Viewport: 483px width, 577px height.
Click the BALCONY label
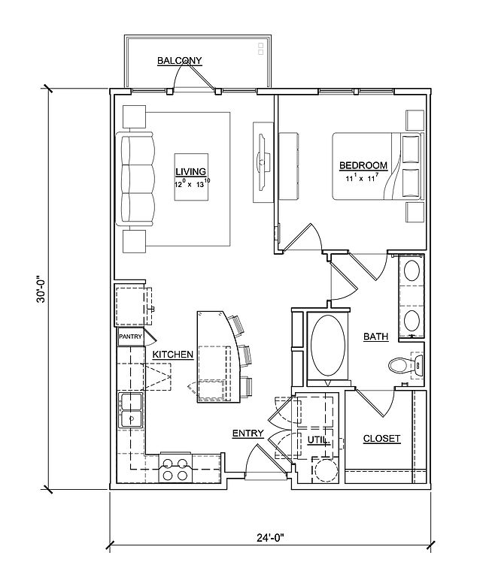click(x=179, y=60)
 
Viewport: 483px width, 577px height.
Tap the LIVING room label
click(x=190, y=171)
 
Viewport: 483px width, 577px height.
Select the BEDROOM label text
click(x=363, y=165)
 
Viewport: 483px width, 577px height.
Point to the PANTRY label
click(x=130, y=337)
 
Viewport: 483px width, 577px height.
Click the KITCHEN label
click(x=173, y=355)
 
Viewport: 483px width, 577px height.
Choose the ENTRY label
click(x=248, y=434)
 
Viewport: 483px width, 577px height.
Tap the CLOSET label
click(x=381, y=438)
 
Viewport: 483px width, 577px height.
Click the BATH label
click(x=375, y=337)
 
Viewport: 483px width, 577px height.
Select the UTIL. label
click(x=318, y=440)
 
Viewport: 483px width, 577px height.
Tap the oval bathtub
click(x=328, y=346)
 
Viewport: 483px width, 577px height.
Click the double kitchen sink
click(x=130, y=410)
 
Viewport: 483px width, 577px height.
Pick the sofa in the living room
click(x=135, y=179)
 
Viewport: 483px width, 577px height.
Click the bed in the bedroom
click(x=378, y=166)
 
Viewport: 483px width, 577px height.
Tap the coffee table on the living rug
click(x=191, y=177)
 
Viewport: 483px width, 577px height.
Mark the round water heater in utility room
click(x=324, y=470)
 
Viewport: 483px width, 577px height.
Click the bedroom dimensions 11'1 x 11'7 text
click(x=362, y=179)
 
